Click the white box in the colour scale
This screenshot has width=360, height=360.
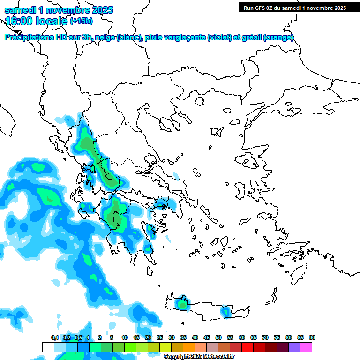(x=48, y=347)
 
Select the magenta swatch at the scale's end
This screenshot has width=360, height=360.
(x=306, y=347)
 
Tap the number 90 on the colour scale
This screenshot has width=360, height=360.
(x=312, y=337)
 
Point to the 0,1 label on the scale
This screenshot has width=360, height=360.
(x=54, y=337)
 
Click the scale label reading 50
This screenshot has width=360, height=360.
(x=218, y=337)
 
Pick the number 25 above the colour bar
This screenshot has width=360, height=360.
(x=160, y=337)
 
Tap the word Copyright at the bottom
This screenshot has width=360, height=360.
(x=176, y=357)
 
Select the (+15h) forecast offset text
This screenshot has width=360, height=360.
(x=81, y=21)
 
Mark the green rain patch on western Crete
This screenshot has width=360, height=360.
(x=182, y=305)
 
